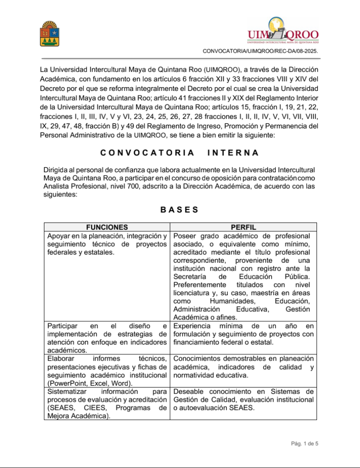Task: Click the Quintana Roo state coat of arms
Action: click(50, 34)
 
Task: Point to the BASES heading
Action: click(179, 210)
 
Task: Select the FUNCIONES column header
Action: click(107, 227)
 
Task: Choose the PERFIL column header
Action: click(243, 227)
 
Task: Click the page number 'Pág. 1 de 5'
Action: click(304, 443)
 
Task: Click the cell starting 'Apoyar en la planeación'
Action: click(107, 244)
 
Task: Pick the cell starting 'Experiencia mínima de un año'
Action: click(243, 334)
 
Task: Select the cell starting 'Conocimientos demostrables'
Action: click(243, 367)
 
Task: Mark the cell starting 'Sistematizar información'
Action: click(107, 404)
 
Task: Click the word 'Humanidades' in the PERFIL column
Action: click(231, 301)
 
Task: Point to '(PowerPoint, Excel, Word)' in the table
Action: click(90, 383)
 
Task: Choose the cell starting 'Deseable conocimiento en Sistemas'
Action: click(243, 399)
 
